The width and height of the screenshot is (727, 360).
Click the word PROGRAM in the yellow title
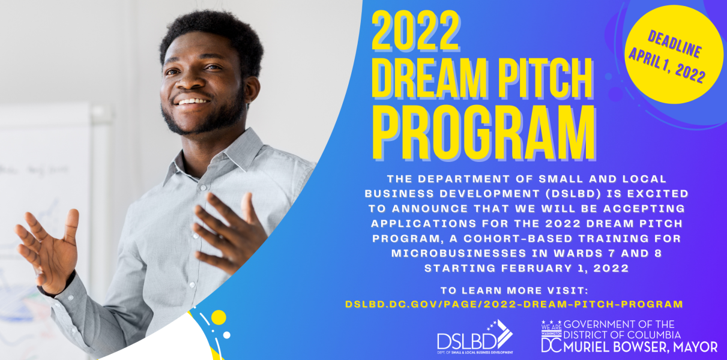pos(484,133)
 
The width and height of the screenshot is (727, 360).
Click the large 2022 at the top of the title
pos(416,30)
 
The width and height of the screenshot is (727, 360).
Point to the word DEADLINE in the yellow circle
pos(675,44)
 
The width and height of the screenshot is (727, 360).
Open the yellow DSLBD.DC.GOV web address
pos(514,304)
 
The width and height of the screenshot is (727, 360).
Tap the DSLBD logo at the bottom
pos(475,337)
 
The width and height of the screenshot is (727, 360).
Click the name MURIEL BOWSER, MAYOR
pos(641,347)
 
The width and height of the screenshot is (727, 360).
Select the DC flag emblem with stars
pos(551,336)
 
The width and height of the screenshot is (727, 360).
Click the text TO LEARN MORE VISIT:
pos(514,290)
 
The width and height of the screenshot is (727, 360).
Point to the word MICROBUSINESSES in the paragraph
pos(458,253)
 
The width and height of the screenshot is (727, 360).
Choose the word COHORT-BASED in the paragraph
pos(518,238)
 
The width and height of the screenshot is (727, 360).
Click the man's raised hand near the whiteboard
pos(47,250)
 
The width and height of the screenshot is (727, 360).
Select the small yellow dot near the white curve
pos(219,317)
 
